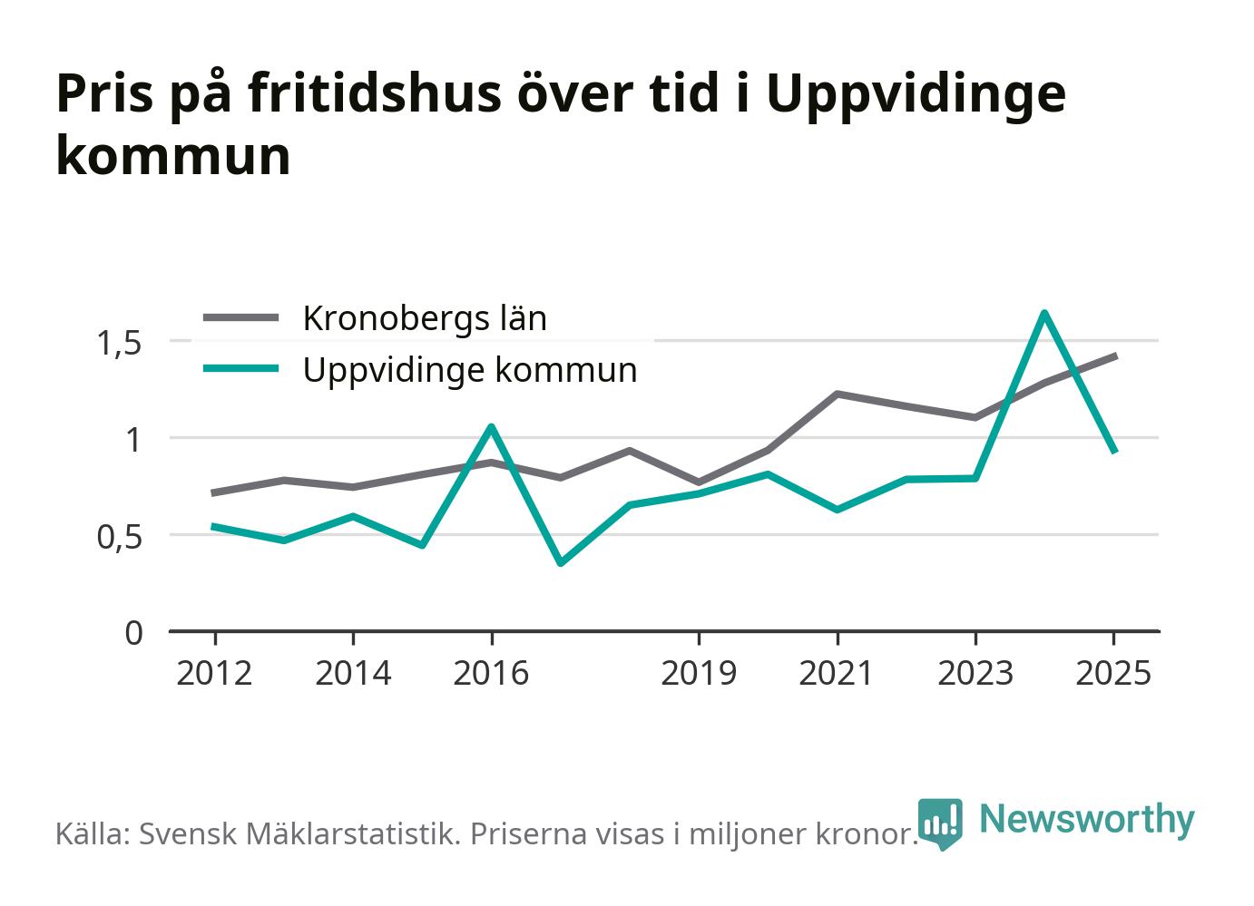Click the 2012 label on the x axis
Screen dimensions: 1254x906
pos(214,673)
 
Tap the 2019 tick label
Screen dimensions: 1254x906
pos(699,673)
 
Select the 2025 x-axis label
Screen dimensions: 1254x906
pos(1113,673)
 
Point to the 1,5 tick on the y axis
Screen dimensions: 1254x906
pos(120,343)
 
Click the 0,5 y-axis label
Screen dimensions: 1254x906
pos(120,537)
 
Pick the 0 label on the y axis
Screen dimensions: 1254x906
pos(133,633)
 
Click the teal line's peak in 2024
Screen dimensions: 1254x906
pos(1044,312)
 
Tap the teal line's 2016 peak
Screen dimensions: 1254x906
pos(491,426)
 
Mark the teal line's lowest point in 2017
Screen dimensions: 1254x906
pos(561,563)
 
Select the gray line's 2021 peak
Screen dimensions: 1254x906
pos(837,394)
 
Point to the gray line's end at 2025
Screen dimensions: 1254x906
pos(1116,356)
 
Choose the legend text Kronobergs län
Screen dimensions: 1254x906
pos(425,318)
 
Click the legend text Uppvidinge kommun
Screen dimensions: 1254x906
pos(470,370)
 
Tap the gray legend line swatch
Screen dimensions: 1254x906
pos(240,317)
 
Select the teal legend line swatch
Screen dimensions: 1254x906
pos(240,368)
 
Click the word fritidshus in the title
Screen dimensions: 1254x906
pos(375,93)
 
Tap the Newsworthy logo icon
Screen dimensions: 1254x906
pos(940,823)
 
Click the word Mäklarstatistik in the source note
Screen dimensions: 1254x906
pos(353,833)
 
